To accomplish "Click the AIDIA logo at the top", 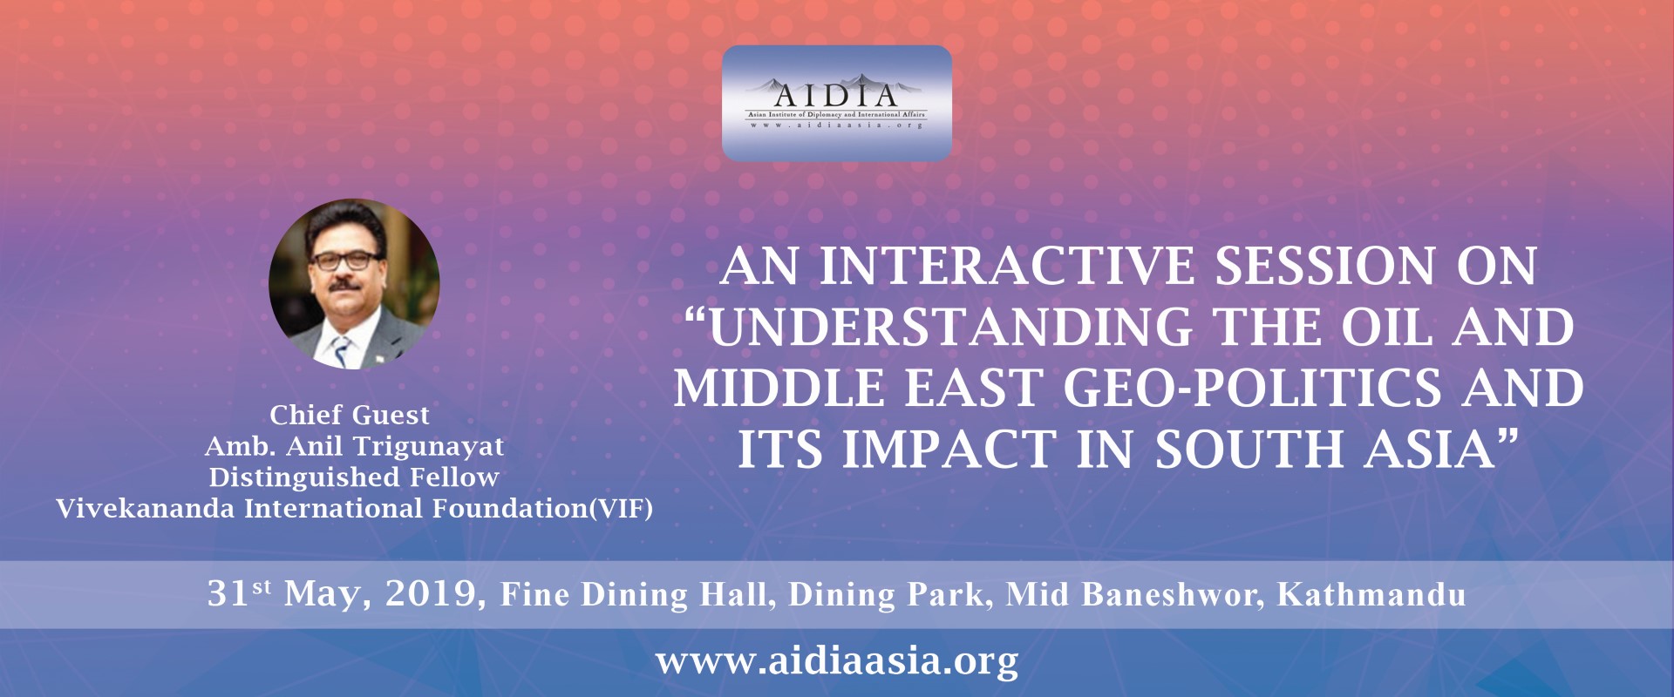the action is (x=837, y=103).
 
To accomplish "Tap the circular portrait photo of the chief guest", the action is (x=354, y=284).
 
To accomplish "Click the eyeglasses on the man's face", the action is (x=345, y=261).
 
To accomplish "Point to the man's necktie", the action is (x=341, y=351).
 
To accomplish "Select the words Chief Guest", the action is (x=350, y=415).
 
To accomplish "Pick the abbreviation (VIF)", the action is (x=621, y=508).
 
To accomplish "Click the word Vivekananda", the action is (x=145, y=508).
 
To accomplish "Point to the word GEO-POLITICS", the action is (x=1253, y=388).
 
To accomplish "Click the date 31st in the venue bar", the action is (x=239, y=593).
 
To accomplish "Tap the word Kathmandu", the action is (x=1371, y=594).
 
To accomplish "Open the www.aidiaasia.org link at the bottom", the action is (x=837, y=661).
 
